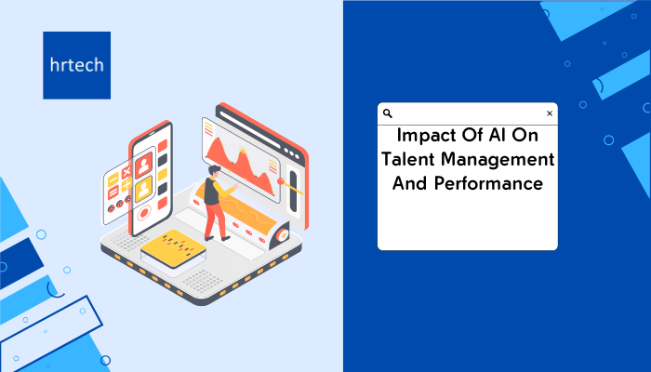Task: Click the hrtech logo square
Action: click(77, 65)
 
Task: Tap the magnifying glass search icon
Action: click(388, 113)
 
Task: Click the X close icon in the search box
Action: click(550, 113)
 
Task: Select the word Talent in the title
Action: click(408, 159)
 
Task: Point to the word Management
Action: click(498, 160)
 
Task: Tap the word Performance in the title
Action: click(488, 183)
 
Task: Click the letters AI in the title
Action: click(497, 136)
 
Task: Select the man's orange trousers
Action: click(216, 220)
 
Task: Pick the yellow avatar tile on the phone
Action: click(143, 190)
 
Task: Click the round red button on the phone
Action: click(144, 213)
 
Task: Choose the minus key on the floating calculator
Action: click(113, 180)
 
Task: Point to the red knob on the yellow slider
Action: click(281, 181)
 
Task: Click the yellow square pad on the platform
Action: click(173, 248)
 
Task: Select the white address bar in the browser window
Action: click(250, 129)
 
